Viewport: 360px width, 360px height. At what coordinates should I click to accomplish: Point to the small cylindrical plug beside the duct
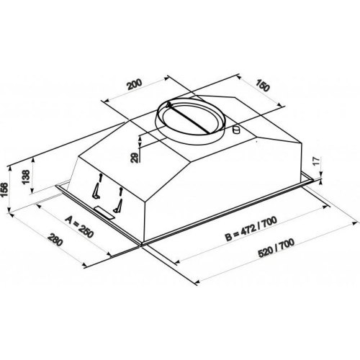pos(236,130)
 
